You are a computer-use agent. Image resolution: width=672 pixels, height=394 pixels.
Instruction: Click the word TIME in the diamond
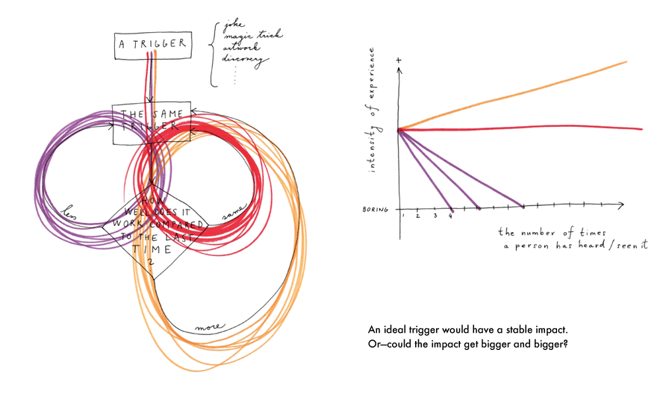pos(153,251)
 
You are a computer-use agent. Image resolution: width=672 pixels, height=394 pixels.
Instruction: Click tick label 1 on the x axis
pos(404,216)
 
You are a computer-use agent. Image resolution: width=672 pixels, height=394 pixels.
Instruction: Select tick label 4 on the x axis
pos(450,216)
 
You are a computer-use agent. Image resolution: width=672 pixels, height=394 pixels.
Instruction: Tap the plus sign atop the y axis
pos(400,59)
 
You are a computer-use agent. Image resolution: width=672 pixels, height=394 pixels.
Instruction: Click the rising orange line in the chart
pos(523,93)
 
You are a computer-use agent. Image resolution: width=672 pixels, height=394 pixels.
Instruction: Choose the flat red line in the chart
pos(523,129)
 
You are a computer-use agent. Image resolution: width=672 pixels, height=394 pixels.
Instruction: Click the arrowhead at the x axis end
pos(621,204)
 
